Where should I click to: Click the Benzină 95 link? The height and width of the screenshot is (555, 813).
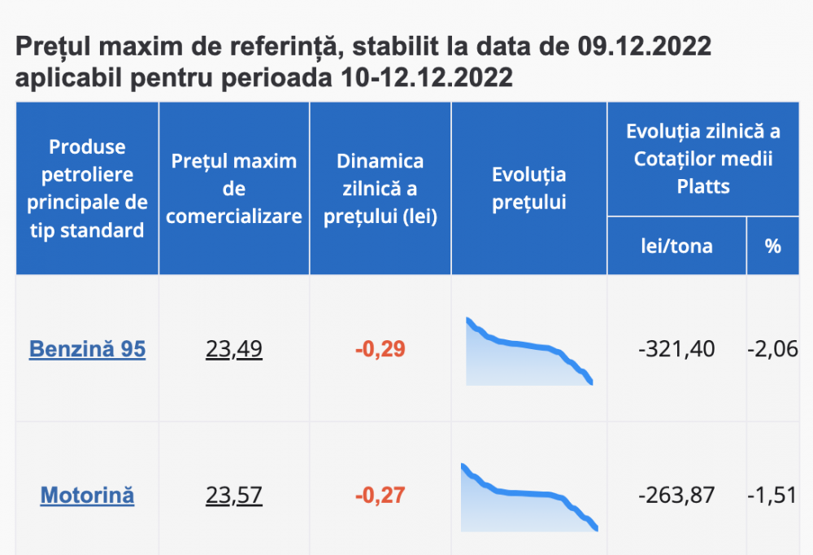pyautogui.click(x=87, y=349)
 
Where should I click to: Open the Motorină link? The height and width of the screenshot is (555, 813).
pyautogui.click(x=87, y=495)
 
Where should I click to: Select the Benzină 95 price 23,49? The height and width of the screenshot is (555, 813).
pyautogui.click(x=234, y=349)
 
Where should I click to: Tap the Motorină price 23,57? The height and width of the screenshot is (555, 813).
pyautogui.click(x=234, y=495)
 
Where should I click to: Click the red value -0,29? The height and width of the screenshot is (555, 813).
pyautogui.click(x=380, y=349)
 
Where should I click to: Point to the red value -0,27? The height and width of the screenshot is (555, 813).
pyautogui.click(x=380, y=495)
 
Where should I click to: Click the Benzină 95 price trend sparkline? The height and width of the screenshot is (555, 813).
pyautogui.click(x=529, y=352)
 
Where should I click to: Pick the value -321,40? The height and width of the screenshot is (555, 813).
pyautogui.click(x=676, y=349)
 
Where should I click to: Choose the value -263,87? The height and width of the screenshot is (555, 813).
pyautogui.click(x=676, y=495)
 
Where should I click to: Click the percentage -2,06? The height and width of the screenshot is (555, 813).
pyautogui.click(x=772, y=349)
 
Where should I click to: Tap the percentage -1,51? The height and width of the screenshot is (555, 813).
pyautogui.click(x=772, y=495)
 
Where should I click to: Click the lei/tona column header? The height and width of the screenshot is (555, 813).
pyautogui.click(x=676, y=246)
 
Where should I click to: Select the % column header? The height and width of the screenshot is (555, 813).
pyautogui.click(x=772, y=246)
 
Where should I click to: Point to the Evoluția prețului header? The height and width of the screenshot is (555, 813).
pyautogui.click(x=529, y=188)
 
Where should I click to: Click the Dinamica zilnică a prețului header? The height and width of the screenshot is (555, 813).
pyautogui.click(x=380, y=188)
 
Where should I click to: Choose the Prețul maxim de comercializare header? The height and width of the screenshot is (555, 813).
pyautogui.click(x=234, y=188)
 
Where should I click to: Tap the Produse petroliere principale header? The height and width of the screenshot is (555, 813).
pyautogui.click(x=87, y=188)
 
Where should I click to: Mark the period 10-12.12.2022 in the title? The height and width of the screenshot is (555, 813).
pyautogui.click(x=424, y=79)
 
